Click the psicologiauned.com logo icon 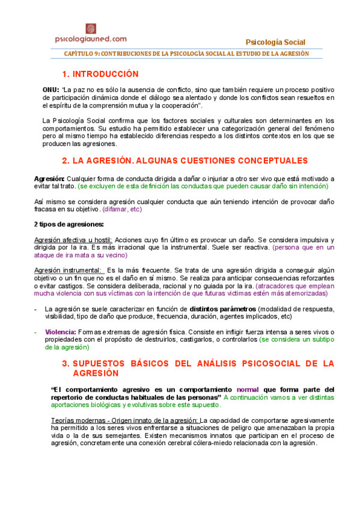point(91,28)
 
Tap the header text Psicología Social point(276,42)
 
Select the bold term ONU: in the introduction point(51,89)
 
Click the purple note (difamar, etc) point(122,209)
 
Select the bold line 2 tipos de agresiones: point(69,224)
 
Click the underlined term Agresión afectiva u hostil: point(74,239)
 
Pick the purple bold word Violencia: point(59,332)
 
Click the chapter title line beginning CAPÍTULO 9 point(186,54)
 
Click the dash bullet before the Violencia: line point(37,332)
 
